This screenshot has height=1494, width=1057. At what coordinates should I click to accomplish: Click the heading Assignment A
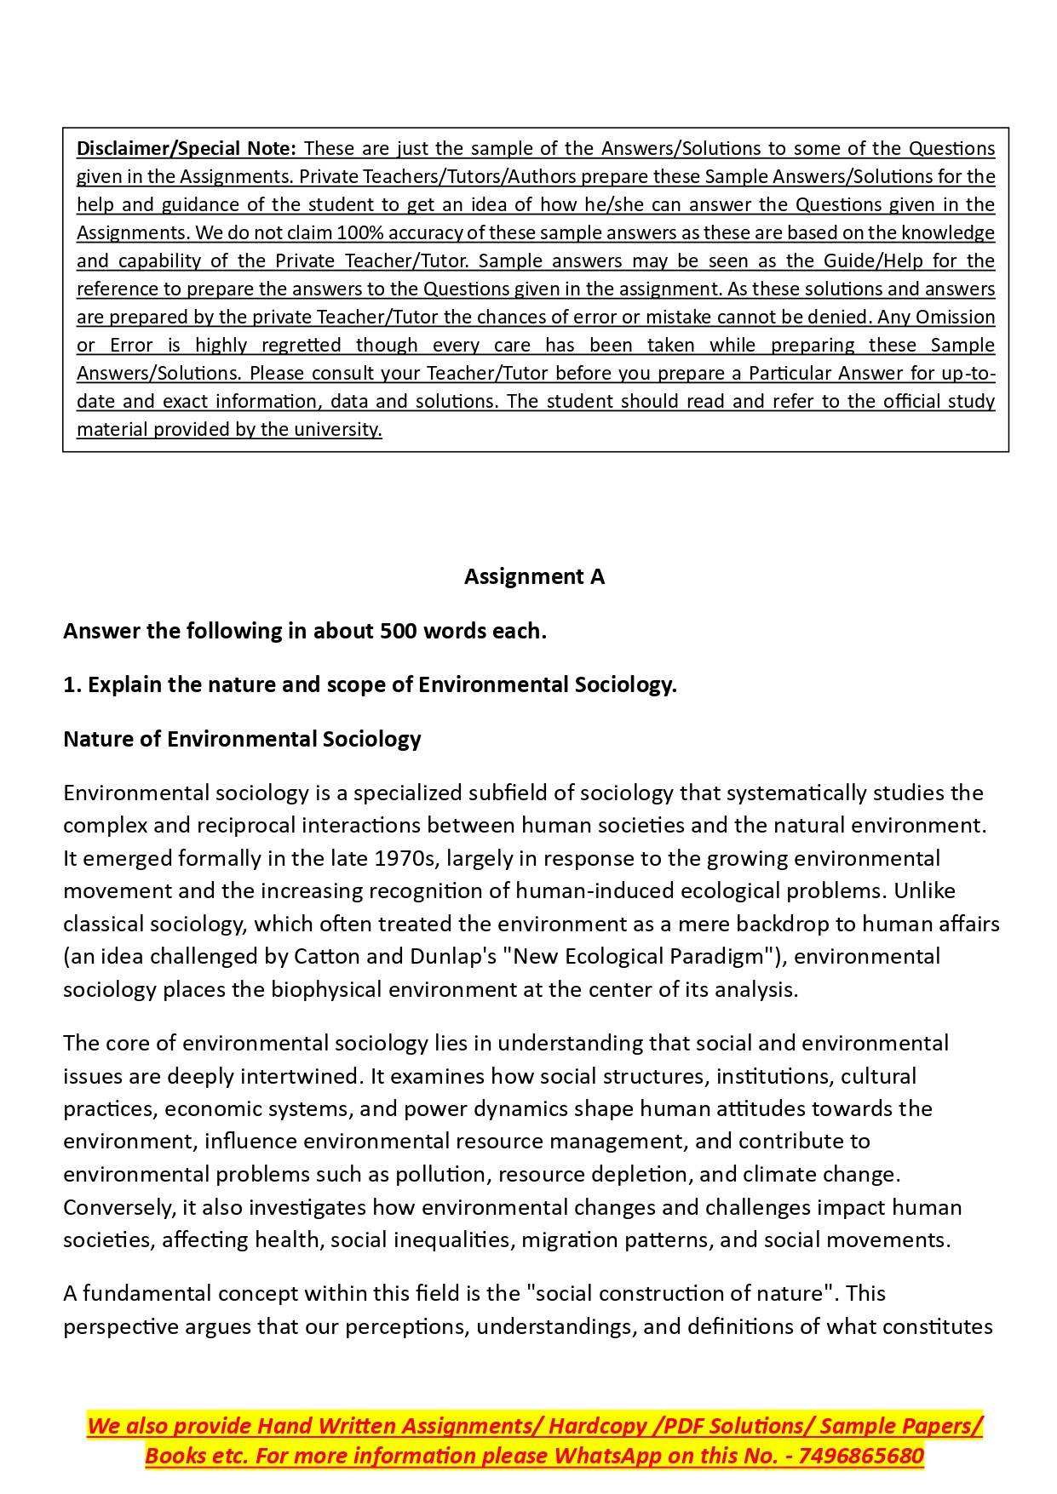[534, 576]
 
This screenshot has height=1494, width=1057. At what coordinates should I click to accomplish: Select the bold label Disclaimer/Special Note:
[187, 148]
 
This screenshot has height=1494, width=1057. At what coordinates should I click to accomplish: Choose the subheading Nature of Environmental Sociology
[242, 739]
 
